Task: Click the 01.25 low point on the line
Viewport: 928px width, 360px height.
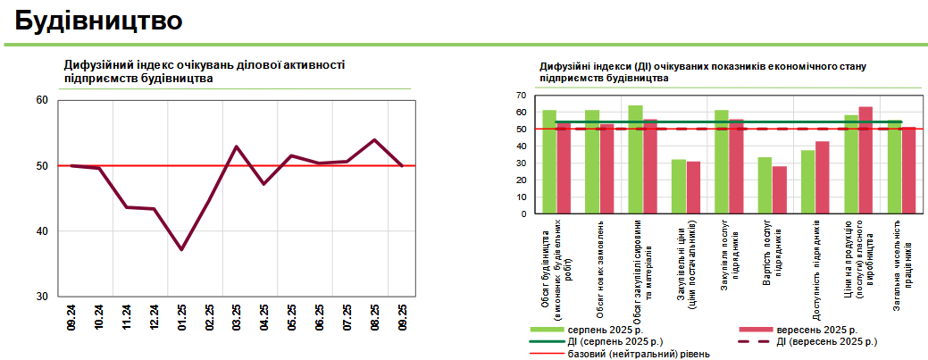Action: pos(181,249)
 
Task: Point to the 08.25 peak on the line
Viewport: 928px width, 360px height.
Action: pos(374,140)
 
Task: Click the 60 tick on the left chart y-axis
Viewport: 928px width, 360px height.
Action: pos(42,100)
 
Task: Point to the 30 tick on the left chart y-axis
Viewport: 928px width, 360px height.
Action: pos(42,297)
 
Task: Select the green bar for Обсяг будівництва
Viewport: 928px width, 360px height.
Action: pos(549,162)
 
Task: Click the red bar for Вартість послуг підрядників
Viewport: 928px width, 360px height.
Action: pos(780,190)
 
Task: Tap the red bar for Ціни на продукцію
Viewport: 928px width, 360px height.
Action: pos(865,161)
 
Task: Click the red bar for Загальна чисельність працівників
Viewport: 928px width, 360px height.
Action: pos(908,171)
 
